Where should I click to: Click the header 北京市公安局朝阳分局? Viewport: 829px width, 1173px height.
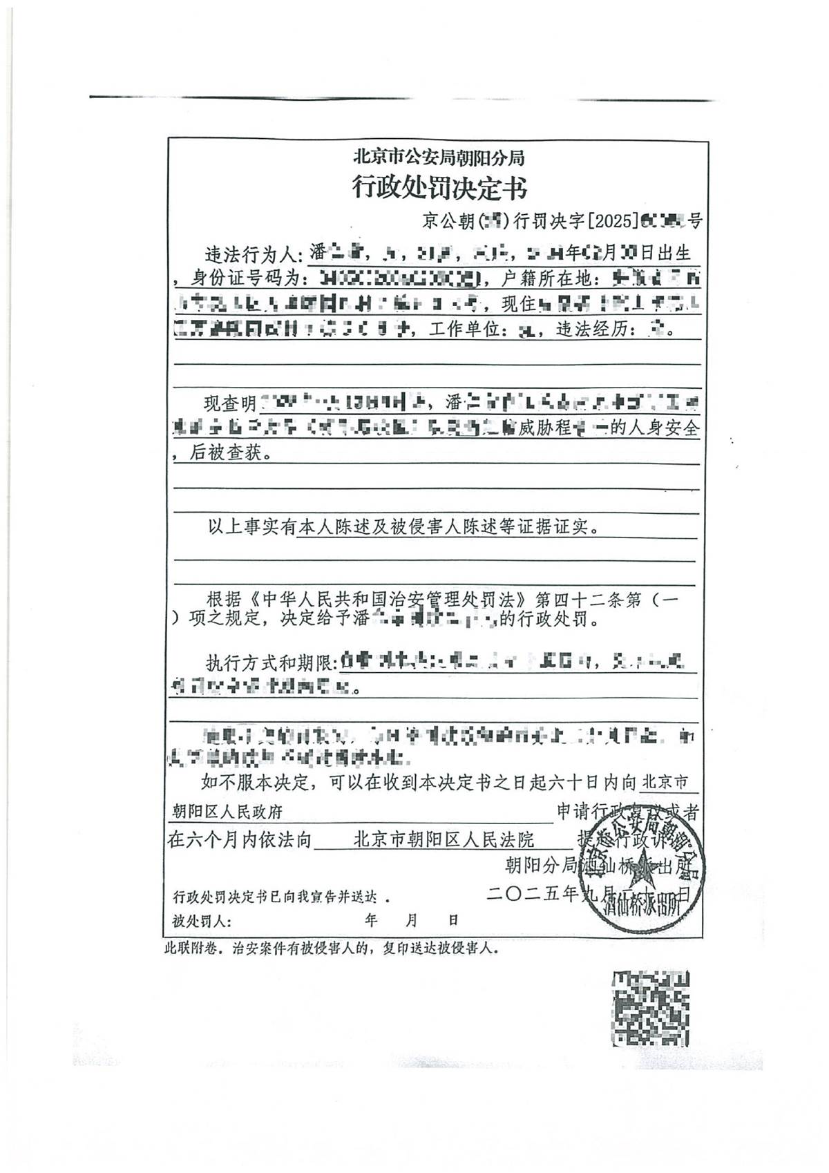[439, 158]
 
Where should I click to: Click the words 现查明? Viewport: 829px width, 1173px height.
[230, 403]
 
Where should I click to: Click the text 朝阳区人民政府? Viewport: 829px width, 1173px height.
[227, 812]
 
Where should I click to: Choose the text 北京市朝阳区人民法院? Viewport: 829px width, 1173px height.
[444, 839]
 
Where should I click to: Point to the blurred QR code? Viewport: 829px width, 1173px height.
[650, 1008]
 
